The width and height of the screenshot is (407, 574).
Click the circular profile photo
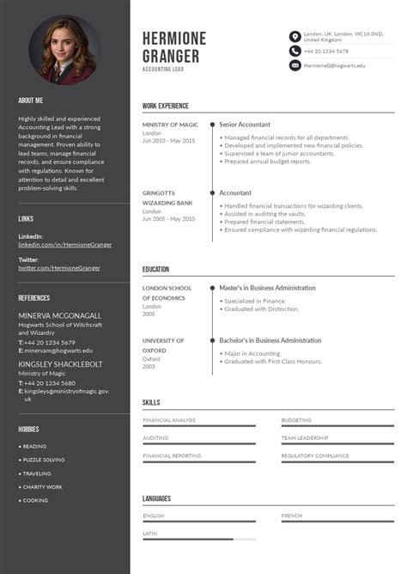(x=65, y=51)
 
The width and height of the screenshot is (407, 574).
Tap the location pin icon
(x=295, y=37)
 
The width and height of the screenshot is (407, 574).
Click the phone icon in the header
(x=295, y=52)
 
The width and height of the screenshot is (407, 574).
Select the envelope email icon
(x=295, y=65)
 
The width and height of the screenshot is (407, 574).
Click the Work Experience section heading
(x=166, y=106)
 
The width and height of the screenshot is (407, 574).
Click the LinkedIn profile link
(x=65, y=244)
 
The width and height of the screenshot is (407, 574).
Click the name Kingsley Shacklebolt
(x=60, y=363)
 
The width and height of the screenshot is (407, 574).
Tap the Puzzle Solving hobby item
(x=44, y=460)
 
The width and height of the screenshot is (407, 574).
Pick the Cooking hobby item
(x=35, y=500)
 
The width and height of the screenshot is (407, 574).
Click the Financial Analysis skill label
(x=169, y=420)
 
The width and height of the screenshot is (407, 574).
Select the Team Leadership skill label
(x=305, y=437)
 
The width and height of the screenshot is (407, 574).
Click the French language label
(x=291, y=516)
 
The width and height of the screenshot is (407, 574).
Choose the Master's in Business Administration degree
(x=267, y=288)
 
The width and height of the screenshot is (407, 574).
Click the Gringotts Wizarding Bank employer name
(x=167, y=198)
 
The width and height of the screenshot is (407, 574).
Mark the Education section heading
(x=156, y=269)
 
